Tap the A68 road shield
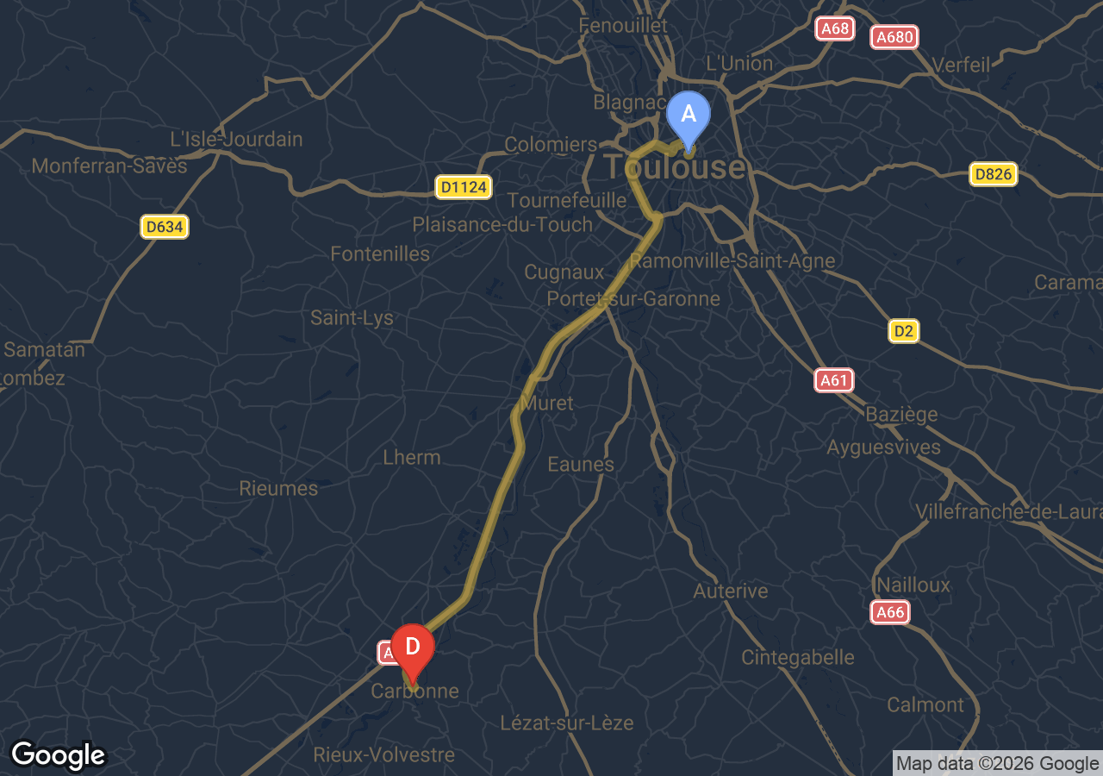tap(835, 28)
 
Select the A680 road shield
tap(894, 37)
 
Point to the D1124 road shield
tap(463, 187)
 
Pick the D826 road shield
tap(994, 174)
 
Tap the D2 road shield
tap(904, 331)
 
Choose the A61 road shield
tap(834, 380)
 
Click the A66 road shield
tap(889, 613)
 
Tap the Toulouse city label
tap(674, 167)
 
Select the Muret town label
tap(547, 403)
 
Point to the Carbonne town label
tap(414, 692)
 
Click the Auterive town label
tap(731, 591)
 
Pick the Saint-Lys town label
tap(352, 317)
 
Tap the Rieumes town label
tap(278, 488)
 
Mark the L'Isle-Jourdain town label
tap(236, 139)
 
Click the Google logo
tap(59, 755)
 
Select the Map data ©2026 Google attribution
tap(998, 763)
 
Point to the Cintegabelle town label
tap(798, 657)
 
